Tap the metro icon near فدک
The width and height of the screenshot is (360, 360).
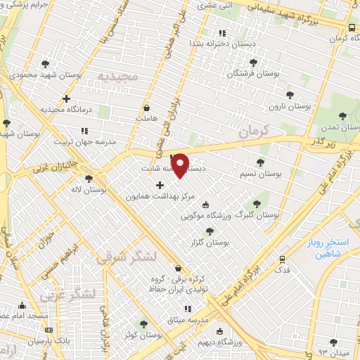[282, 259]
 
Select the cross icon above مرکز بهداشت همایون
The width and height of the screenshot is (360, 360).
[160, 186]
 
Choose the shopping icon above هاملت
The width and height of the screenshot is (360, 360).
[146, 108]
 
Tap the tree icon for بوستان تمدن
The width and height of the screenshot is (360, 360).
[342, 116]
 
